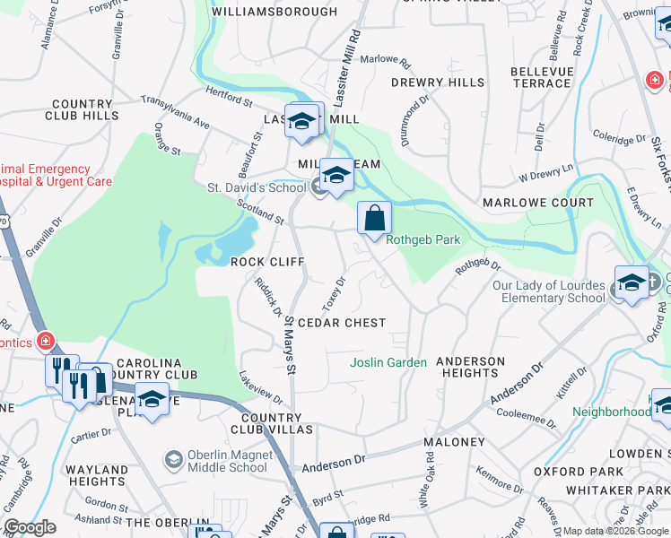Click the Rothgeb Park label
click(423, 239)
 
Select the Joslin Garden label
click(388, 362)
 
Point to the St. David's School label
click(257, 188)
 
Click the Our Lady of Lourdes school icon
click(632, 283)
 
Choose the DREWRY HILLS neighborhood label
click(438, 82)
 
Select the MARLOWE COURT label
click(538, 203)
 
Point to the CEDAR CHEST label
click(342, 323)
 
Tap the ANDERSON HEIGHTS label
click(470, 367)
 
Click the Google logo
click(30, 527)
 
